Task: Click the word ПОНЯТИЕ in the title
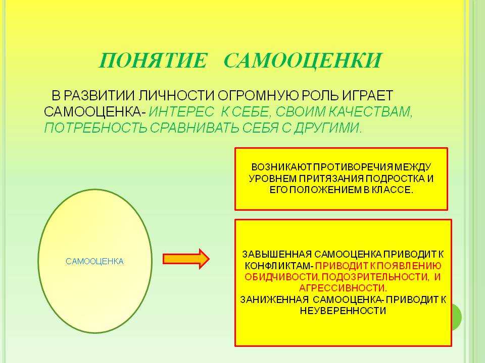153,60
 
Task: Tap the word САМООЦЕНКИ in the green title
303,60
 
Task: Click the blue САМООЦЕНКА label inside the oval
94,262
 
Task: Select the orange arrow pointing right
186,259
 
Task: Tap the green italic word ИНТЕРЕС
181,112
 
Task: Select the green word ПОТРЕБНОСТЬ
95,128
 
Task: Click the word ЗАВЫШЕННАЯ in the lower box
277,254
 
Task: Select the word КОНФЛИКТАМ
279,266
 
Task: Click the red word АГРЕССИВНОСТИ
343,288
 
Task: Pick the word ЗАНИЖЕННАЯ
274,299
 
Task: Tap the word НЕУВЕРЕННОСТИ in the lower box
343,311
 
